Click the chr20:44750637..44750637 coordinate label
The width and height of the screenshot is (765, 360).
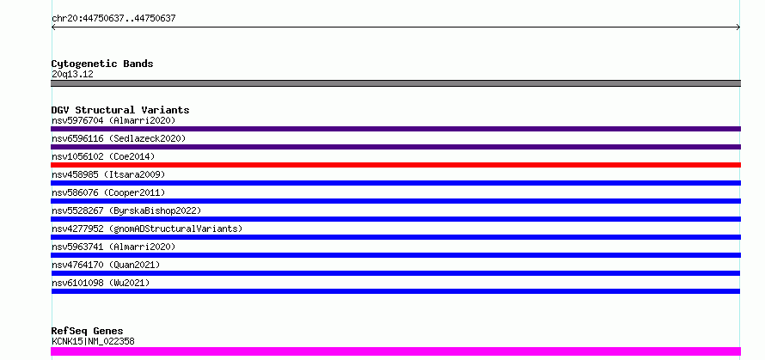(x=113, y=19)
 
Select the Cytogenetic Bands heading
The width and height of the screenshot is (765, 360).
(x=102, y=64)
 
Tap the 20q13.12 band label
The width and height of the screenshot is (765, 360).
(x=72, y=75)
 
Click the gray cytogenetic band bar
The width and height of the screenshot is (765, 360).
(x=395, y=83)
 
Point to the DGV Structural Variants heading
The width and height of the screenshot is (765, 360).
(x=120, y=110)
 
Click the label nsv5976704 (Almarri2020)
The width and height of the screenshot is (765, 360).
(x=113, y=120)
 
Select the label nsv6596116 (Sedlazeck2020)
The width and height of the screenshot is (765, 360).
(x=119, y=138)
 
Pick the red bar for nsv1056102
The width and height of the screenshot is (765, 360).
(x=395, y=165)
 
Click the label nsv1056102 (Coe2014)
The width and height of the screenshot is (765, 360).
(x=103, y=156)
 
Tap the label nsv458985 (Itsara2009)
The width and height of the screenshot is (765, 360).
(x=108, y=174)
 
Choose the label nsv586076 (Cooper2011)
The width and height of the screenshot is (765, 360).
(x=108, y=192)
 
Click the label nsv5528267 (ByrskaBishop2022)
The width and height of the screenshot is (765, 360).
(x=126, y=211)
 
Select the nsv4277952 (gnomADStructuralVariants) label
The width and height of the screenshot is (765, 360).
(x=147, y=229)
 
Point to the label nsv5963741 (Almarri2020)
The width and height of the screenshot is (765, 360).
(x=113, y=247)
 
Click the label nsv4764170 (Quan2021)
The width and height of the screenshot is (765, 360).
(x=106, y=265)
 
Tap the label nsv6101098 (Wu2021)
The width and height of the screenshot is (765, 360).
(x=101, y=283)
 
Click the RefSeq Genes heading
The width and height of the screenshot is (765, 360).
(x=88, y=332)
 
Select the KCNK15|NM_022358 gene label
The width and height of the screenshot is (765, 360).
(x=93, y=341)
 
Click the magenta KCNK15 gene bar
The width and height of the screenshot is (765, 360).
(x=395, y=351)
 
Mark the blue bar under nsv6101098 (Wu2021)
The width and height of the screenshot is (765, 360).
(x=395, y=291)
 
